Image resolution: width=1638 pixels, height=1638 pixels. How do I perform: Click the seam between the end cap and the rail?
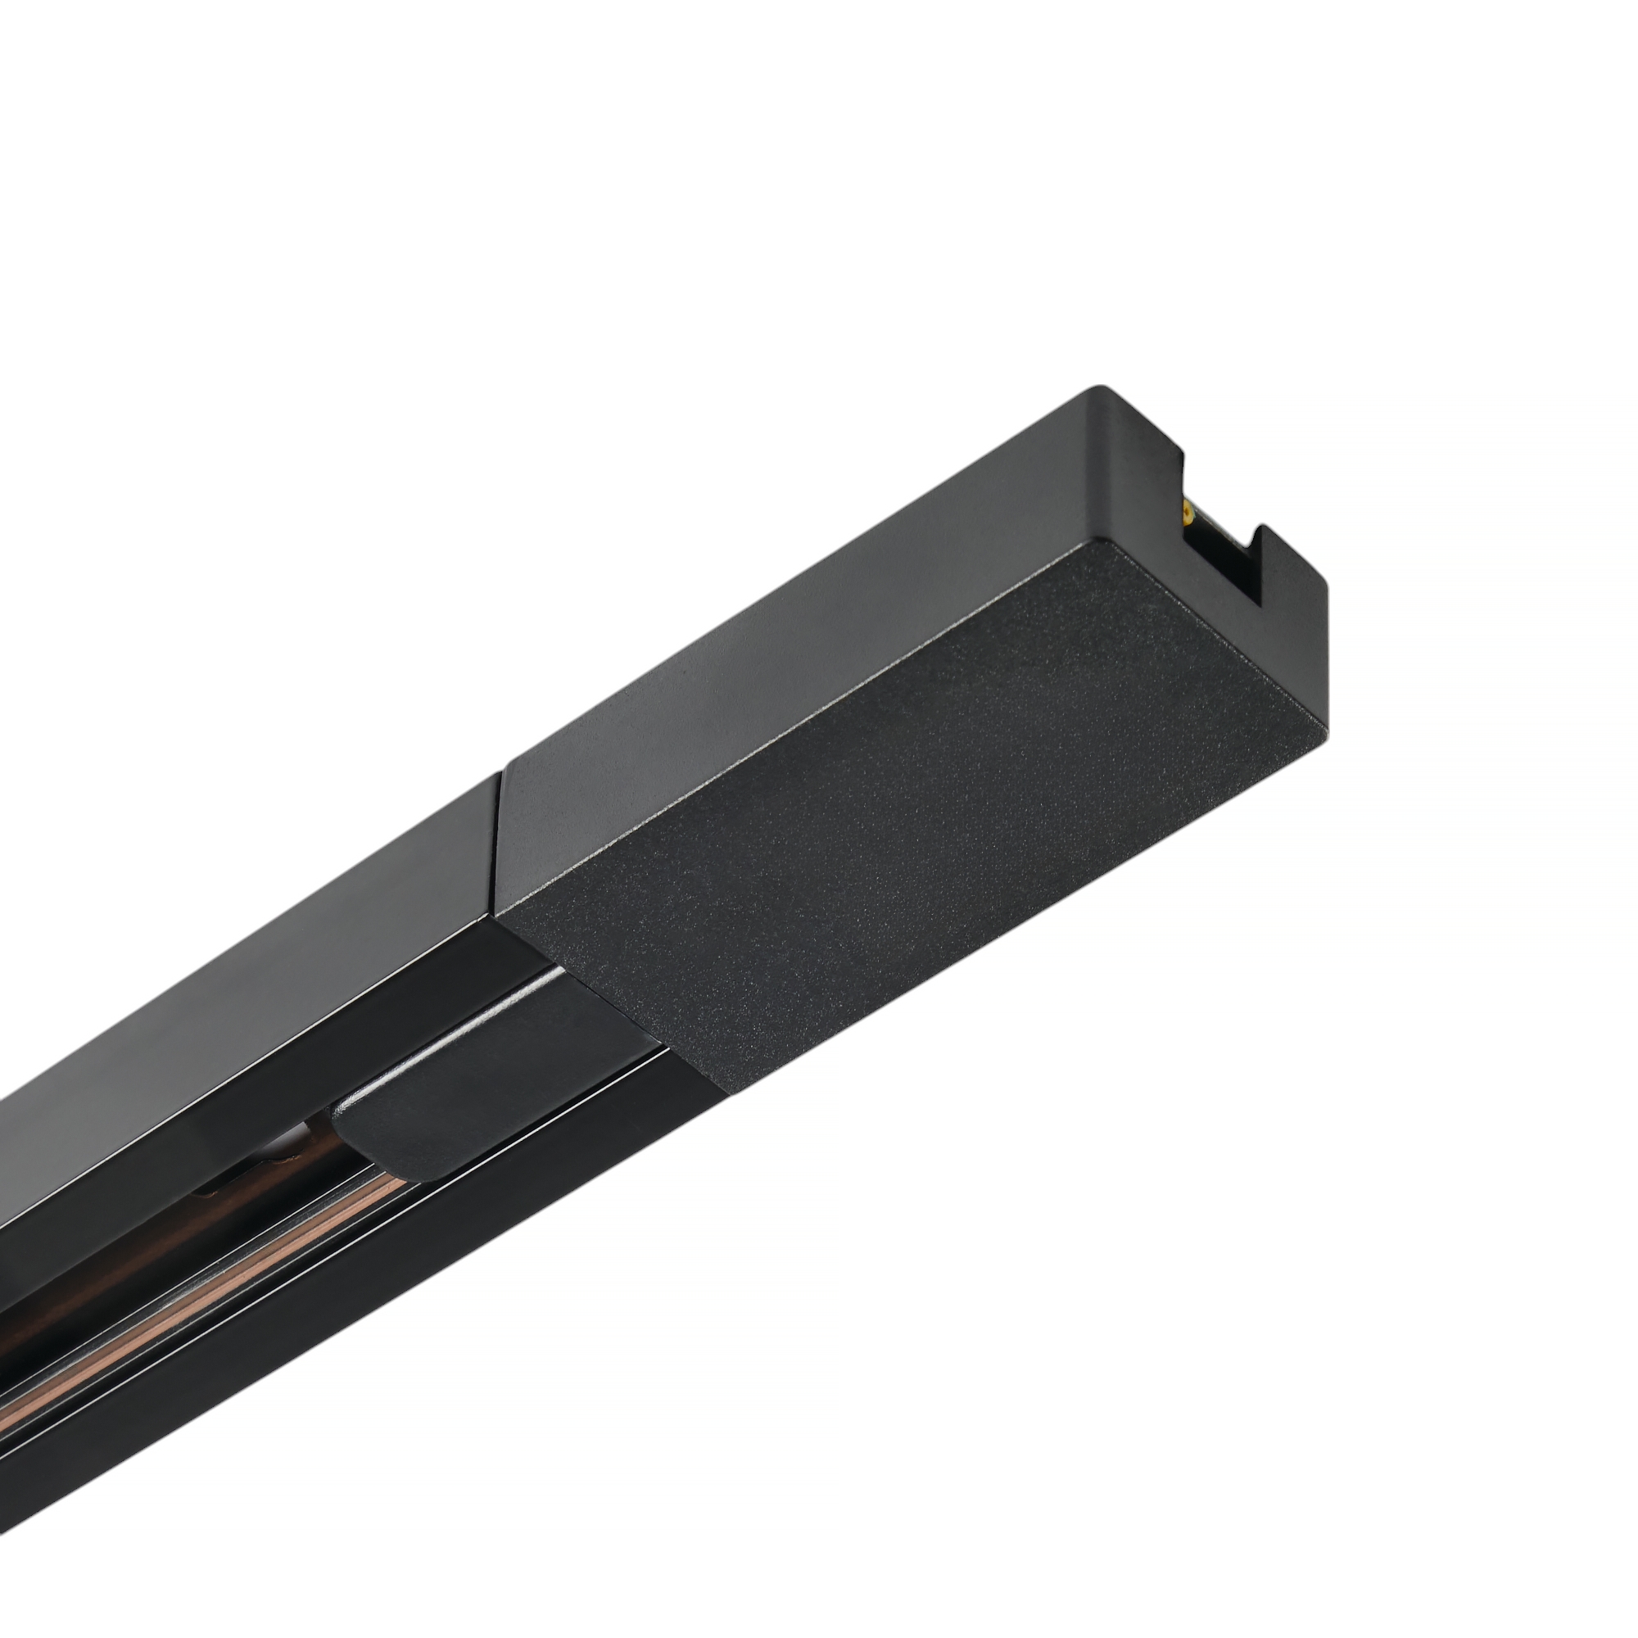coord(500,839)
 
